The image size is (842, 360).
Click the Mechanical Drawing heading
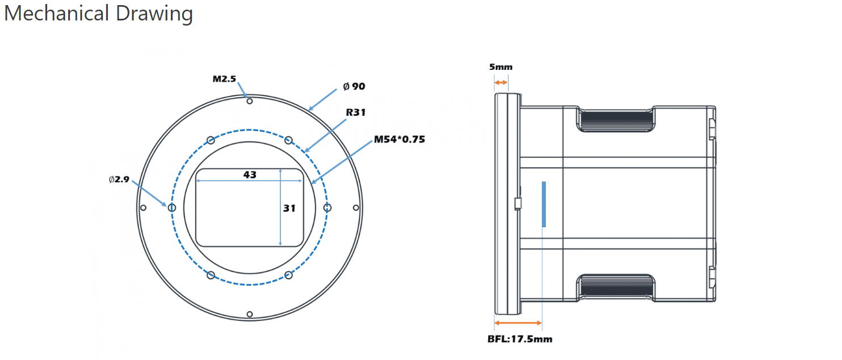click(98, 14)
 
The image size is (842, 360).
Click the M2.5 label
click(224, 79)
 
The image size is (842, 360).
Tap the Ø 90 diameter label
click(354, 86)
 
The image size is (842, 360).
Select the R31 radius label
click(355, 112)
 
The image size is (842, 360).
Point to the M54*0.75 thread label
click(400, 140)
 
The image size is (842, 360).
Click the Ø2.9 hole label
click(119, 179)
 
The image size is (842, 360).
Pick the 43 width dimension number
click(250, 175)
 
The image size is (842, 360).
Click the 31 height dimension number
click(290, 208)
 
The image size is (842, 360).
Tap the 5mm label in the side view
click(501, 67)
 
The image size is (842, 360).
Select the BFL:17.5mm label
click(520, 339)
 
